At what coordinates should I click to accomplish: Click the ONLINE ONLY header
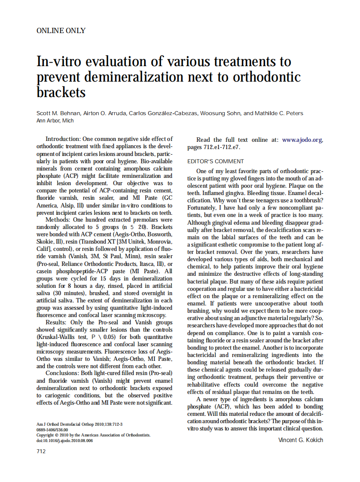click(61, 31)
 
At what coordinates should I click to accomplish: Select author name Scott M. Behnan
click(58, 113)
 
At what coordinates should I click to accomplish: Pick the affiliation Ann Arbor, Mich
click(55, 121)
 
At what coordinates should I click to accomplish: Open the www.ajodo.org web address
click(302, 140)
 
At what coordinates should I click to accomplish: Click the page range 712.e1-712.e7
click(223, 147)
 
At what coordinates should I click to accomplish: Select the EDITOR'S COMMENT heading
click(216, 162)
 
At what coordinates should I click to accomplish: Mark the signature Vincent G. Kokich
click(300, 440)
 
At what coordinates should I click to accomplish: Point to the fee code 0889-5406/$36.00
click(52, 429)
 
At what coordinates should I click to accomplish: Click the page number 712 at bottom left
click(41, 451)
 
